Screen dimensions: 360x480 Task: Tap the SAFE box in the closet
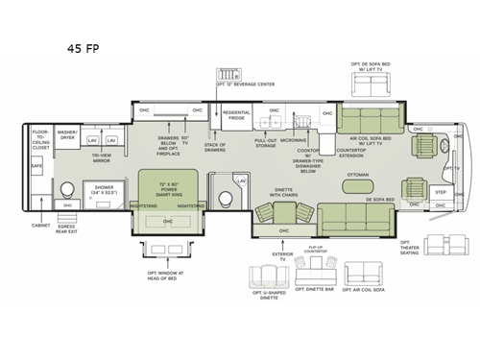pyautogui.click(x=37, y=165)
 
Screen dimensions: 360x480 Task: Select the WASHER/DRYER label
pyautogui.click(x=67, y=134)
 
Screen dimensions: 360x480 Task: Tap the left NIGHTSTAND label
pyautogui.click(x=144, y=205)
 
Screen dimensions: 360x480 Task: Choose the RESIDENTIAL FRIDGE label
pyautogui.click(x=236, y=114)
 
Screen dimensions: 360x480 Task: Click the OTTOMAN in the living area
pyautogui.click(x=358, y=175)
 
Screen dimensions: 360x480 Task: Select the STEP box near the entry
pyautogui.click(x=441, y=192)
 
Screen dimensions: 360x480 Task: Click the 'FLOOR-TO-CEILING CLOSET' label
pyautogui.click(x=40, y=137)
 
